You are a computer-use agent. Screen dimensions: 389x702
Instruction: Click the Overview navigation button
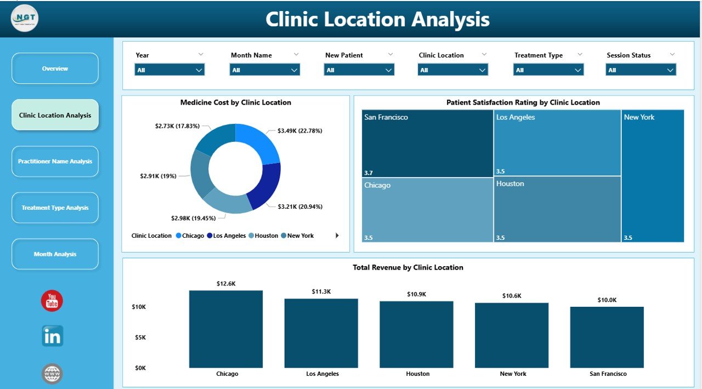point(55,68)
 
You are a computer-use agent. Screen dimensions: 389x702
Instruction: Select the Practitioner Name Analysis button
point(55,162)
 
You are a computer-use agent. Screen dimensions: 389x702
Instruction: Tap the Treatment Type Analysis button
point(55,208)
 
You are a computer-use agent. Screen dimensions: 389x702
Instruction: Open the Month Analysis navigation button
point(55,254)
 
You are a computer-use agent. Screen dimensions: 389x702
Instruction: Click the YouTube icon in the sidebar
point(52,301)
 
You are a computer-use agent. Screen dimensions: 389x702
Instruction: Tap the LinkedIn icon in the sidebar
point(53,336)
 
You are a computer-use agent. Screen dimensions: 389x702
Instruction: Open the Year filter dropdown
point(169,70)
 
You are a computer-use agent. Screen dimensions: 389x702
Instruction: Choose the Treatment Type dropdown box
point(548,70)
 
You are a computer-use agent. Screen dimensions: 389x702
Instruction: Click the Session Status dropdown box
point(641,70)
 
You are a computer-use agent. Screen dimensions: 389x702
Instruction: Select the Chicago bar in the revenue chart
point(226,329)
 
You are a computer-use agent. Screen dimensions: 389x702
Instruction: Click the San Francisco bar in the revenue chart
point(607,337)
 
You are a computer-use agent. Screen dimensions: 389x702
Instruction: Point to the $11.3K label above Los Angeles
point(321,291)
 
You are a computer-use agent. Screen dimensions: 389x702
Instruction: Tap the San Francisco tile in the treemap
point(427,144)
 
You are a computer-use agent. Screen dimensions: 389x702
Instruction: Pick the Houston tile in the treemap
point(557,209)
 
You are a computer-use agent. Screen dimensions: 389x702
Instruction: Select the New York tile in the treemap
point(653,175)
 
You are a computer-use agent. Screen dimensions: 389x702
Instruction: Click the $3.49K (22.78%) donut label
point(299,131)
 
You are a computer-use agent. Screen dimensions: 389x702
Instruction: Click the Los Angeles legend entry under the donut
point(226,236)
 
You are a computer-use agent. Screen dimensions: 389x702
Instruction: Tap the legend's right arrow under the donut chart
point(337,236)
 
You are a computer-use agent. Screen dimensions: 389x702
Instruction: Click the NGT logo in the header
point(25,18)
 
